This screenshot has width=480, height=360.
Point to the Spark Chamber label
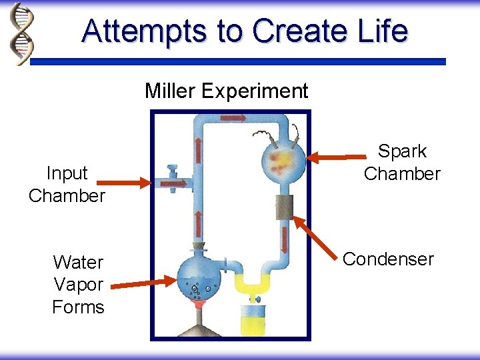402,163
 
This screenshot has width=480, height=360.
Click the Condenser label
388,259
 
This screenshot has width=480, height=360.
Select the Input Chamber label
67,184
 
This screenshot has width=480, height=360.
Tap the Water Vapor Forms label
79,284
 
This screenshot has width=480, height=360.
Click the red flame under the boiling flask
198,305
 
